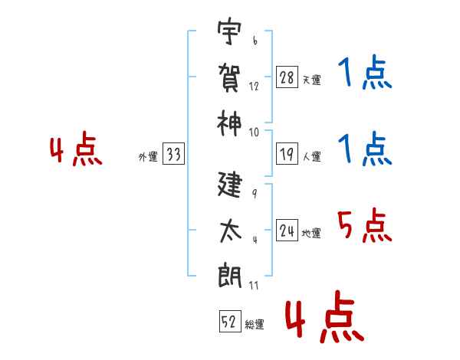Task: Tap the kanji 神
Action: pyautogui.click(x=231, y=120)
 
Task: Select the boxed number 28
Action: pyautogui.click(x=287, y=77)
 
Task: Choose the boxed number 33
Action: pyautogui.click(x=173, y=155)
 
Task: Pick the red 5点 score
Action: pyautogui.click(x=365, y=227)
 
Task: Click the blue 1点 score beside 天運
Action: pyautogui.click(x=365, y=75)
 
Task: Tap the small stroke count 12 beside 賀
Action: pyautogui.click(x=254, y=86)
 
